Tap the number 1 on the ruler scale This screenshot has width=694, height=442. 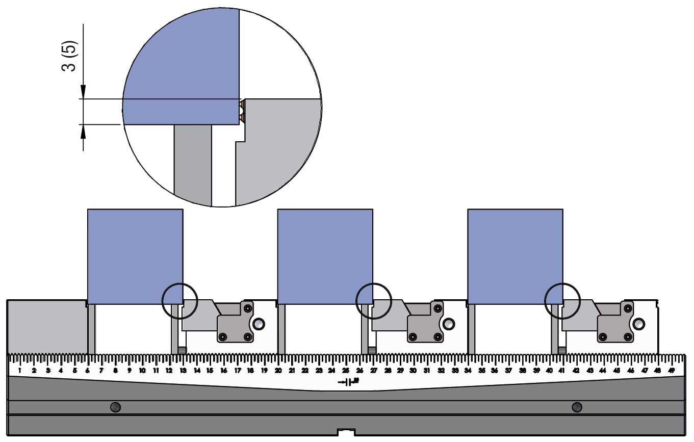pyautogui.click(x=19, y=370)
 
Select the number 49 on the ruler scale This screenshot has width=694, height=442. pyautogui.click(x=672, y=370)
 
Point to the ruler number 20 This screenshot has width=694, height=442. pyautogui.click(x=278, y=370)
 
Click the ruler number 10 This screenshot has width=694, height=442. pyautogui.click(x=142, y=370)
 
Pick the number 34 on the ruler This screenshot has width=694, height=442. pyautogui.click(x=468, y=370)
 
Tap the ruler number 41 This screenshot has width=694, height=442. pyautogui.click(x=562, y=370)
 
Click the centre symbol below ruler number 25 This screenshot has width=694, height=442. pyautogui.click(x=349, y=381)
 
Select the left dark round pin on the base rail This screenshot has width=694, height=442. pyautogui.click(x=116, y=407)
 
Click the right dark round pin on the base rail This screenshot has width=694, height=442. pyautogui.click(x=577, y=407)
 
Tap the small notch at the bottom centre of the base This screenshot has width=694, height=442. pyautogui.click(x=346, y=433)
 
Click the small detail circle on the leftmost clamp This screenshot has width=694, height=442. pyautogui.click(x=179, y=301)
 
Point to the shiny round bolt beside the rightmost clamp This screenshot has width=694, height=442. pyautogui.click(x=639, y=324)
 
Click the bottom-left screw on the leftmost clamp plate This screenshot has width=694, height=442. pyautogui.click(x=223, y=336)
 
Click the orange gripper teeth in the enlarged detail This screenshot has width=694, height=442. pyautogui.click(x=242, y=111)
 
